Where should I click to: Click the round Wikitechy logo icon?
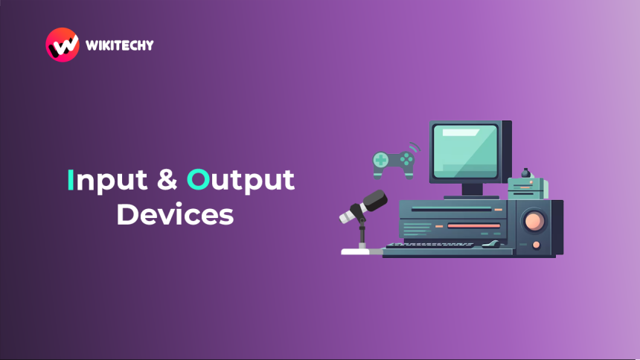(63, 45)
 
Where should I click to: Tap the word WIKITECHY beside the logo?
(120, 45)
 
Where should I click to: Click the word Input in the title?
(107, 180)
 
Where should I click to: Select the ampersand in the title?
(167, 180)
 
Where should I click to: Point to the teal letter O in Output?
(199, 179)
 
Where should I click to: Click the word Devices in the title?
(175, 214)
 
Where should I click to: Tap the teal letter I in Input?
(71, 179)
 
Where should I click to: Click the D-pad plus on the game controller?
(381, 160)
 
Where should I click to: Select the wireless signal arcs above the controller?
(415, 147)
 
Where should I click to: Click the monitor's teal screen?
(465, 151)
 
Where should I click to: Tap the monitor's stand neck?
(473, 190)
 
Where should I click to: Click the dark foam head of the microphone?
(375, 200)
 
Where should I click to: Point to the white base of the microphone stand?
(356, 251)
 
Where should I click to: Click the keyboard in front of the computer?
(429, 245)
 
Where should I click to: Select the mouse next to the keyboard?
(491, 245)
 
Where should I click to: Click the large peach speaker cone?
(534, 221)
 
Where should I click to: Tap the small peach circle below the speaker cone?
(537, 245)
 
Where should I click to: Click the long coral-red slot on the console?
(474, 225)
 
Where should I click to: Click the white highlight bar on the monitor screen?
(461, 132)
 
